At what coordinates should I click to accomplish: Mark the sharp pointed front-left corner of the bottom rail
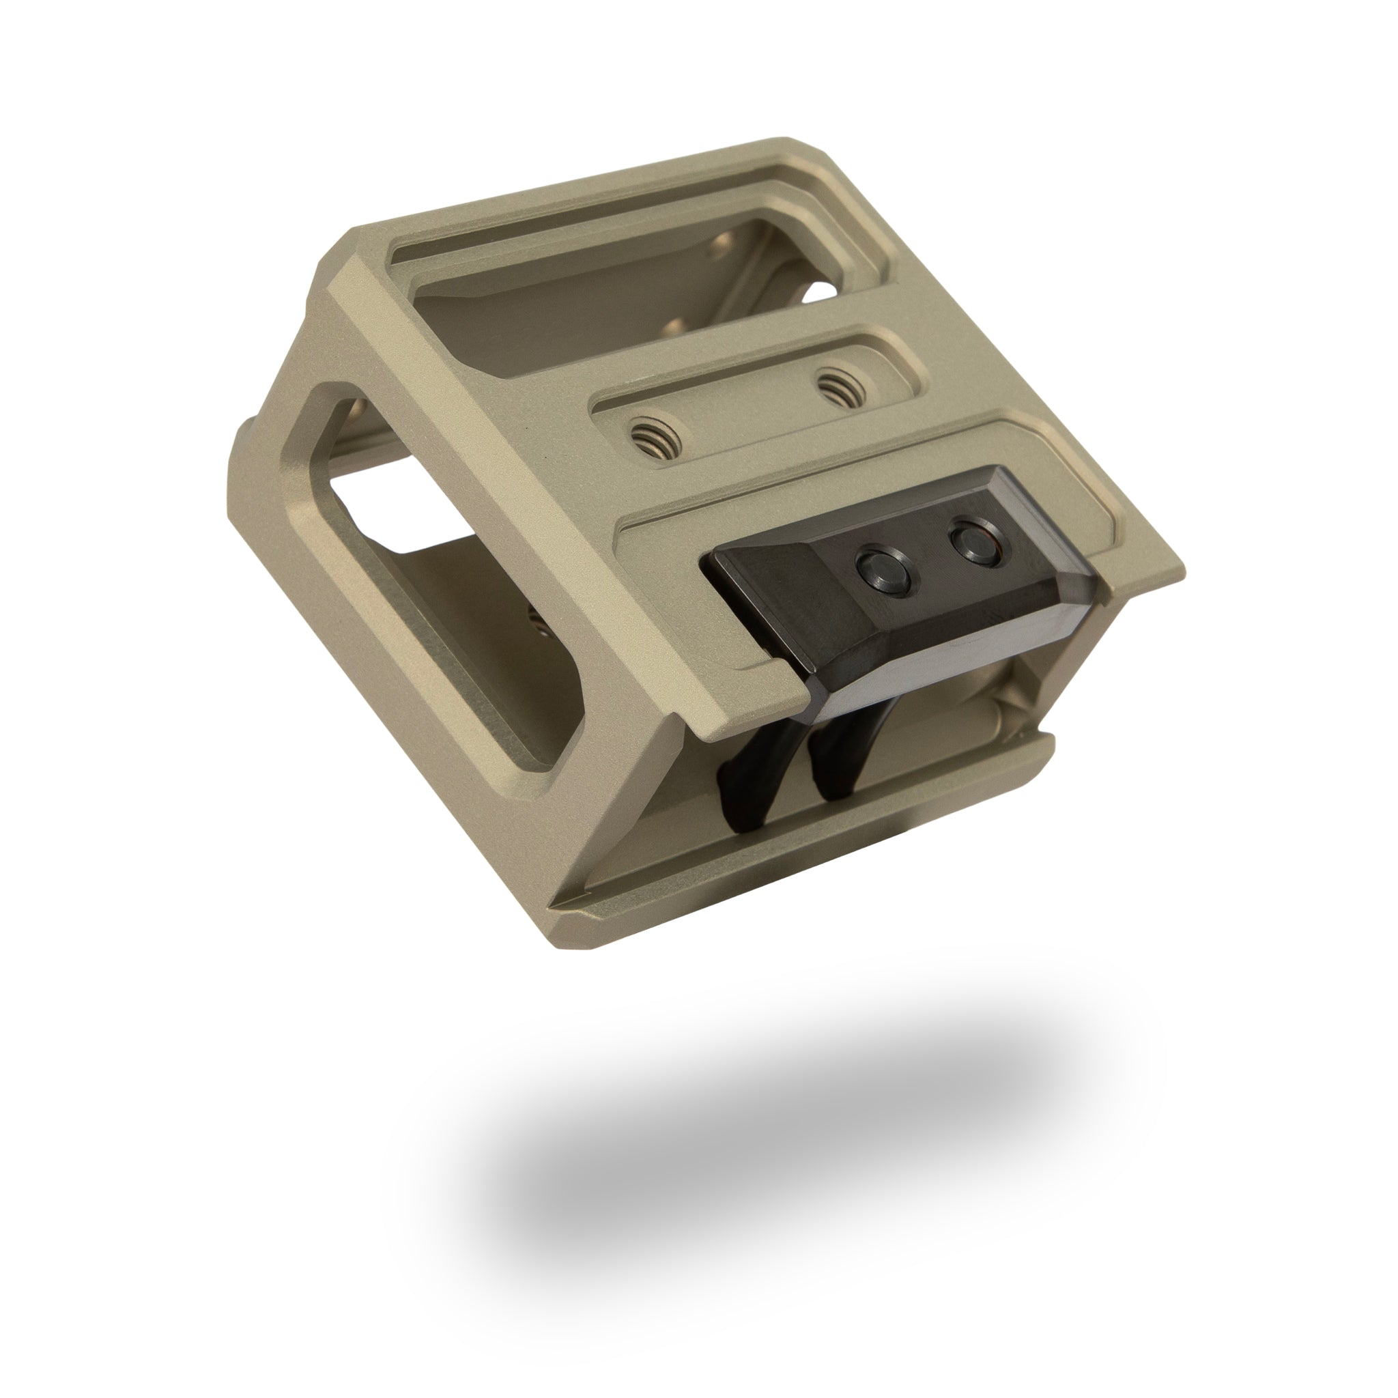(554, 907)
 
